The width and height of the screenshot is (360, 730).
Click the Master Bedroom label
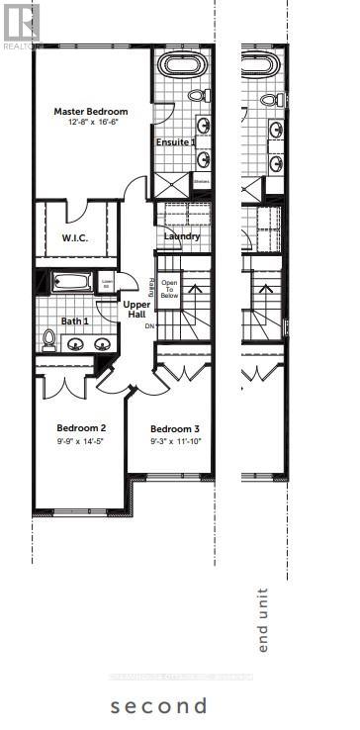tap(91, 112)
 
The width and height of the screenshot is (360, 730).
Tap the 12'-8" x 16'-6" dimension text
tap(91, 123)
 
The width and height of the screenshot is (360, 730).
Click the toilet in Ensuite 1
tap(197, 95)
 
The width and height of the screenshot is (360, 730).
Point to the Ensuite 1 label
tap(176, 142)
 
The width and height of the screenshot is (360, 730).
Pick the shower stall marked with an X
tap(168, 182)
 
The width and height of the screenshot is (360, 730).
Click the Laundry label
tap(182, 236)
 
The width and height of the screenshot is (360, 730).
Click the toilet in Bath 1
tap(48, 339)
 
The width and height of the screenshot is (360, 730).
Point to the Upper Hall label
tap(135, 309)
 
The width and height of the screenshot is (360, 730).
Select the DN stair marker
tap(149, 325)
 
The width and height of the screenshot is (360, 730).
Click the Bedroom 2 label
tap(81, 428)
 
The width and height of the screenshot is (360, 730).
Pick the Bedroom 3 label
tap(175, 428)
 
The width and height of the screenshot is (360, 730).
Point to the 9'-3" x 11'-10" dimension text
tap(175, 440)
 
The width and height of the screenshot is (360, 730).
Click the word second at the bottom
tap(159, 705)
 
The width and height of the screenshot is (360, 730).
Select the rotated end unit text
tap(263, 620)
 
